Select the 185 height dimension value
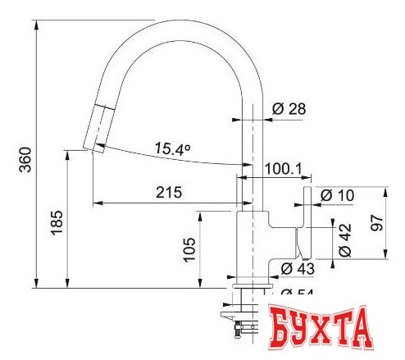pyautogui.click(x=55, y=221)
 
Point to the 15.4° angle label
pyautogui.click(x=173, y=149)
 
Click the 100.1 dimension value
pyautogui.click(x=284, y=170)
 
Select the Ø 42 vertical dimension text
pyautogui.click(x=345, y=238)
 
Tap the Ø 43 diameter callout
pyautogui.click(x=298, y=268)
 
